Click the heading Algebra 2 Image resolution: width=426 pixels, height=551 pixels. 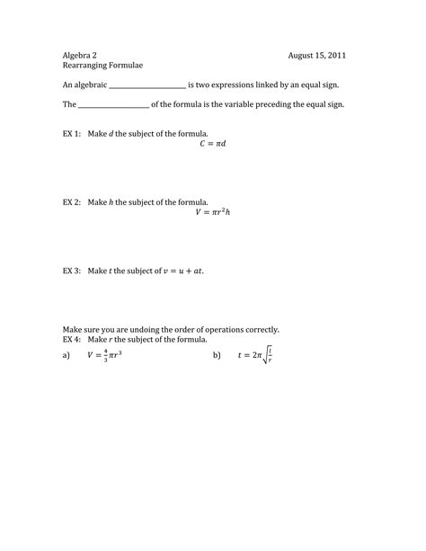81,55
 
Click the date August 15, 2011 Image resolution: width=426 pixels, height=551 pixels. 316,55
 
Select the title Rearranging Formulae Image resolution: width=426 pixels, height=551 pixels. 102,66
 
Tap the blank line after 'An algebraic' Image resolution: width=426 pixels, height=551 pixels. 146,86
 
